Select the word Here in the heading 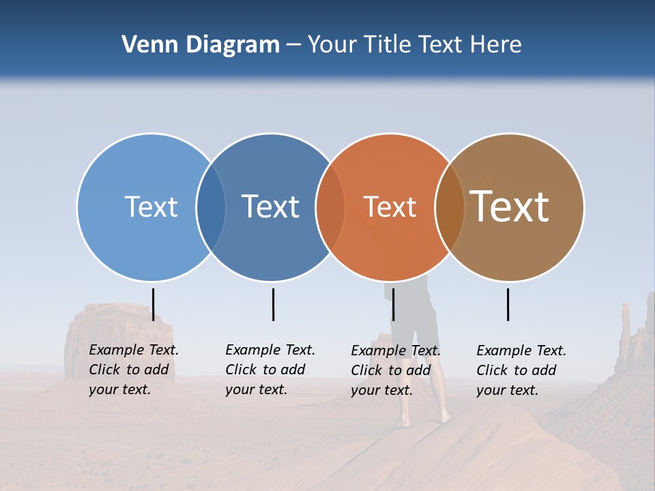[496, 45]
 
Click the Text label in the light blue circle [151, 207]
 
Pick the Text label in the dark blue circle [270, 207]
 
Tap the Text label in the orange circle [390, 207]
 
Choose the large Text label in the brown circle [509, 207]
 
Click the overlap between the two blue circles [211, 207]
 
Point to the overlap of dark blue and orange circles [330, 207]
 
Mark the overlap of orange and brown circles [450, 207]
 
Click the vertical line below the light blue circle [153, 304]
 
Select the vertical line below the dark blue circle [273, 304]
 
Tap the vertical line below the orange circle [393, 304]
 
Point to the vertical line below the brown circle [508, 304]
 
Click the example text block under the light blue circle [133, 370]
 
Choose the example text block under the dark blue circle [270, 370]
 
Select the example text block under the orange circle [395, 370]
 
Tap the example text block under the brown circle [521, 370]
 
